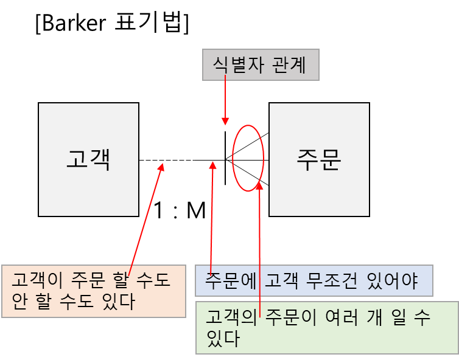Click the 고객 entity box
click(x=88, y=159)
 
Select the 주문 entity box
click(x=319, y=159)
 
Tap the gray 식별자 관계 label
click(x=261, y=65)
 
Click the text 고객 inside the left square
click(x=88, y=160)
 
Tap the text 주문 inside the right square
click(x=319, y=160)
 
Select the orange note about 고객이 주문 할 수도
click(x=93, y=291)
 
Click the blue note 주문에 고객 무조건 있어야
click(x=314, y=281)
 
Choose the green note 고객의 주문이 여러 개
click(x=327, y=327)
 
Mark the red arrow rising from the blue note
click(x=212, y=213)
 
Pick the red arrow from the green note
click(x=260, y=243)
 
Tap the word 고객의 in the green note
click(x=231, y=317)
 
